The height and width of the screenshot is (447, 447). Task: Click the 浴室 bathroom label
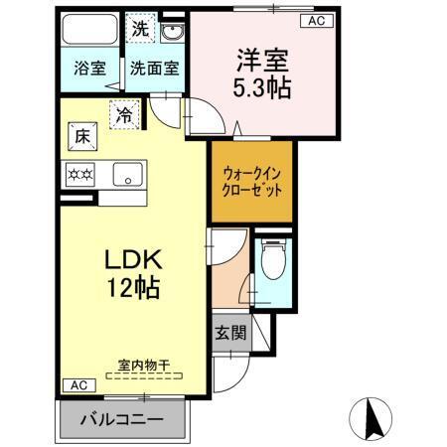coord(89,69)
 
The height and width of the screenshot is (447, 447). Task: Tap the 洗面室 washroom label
coord(153,69)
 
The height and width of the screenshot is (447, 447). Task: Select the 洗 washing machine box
coord(141,28)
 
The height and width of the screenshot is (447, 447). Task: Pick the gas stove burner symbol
coord(78,176)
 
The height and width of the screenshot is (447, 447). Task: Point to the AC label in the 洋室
coord(315,20)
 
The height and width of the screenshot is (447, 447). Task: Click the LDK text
coord(133,262)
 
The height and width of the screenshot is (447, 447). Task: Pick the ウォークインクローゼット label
coord(252,180)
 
